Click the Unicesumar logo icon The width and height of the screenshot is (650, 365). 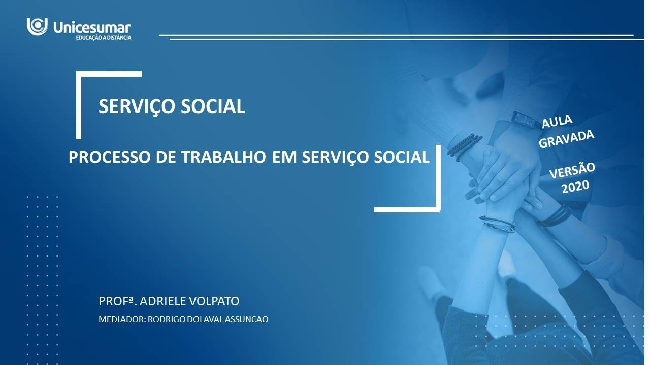pos(37,26)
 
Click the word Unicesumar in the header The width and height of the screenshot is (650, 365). pos(92,28)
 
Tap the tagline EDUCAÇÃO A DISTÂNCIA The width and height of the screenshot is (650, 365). pos(103,38)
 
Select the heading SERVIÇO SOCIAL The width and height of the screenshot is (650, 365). pos(172,106)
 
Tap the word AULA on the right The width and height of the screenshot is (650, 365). pos(557,122)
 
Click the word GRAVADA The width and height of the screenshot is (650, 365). pos(566,137)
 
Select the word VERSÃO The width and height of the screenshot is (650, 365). pos(572,171)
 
